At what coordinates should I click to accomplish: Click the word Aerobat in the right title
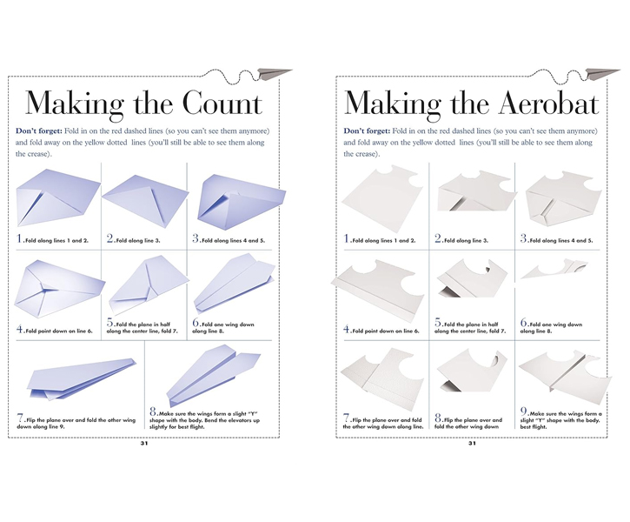point(548,103)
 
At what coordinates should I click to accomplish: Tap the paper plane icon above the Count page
point(274,74)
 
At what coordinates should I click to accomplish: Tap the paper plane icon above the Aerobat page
point(602,74)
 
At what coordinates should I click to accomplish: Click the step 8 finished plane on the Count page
point(213,376)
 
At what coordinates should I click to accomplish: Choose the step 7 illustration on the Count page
point(82,378)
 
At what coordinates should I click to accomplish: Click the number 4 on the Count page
point(20,330)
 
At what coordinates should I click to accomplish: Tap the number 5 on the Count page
point(110,323)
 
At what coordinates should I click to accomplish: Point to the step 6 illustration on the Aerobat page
point(554,270)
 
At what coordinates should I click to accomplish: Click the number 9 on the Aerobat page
point(524,412)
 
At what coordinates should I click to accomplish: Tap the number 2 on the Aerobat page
point(438,238)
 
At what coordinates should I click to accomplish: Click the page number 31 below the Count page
point(144,443)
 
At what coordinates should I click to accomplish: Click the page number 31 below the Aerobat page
point(472,443)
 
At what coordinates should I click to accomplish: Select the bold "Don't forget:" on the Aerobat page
point(367,130)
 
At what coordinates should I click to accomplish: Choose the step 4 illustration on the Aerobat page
point(378,291)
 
